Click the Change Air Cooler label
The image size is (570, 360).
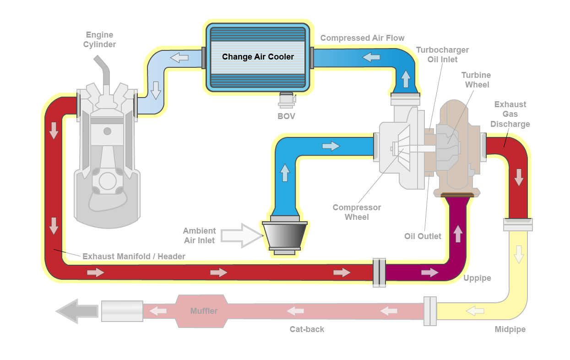258,57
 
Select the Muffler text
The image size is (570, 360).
204,311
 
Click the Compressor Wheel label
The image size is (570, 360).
357,212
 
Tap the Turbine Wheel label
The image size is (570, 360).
476,80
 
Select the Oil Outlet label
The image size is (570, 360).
423,236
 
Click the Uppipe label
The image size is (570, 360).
477,278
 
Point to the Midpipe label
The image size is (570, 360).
510,329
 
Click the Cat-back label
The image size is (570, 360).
307,329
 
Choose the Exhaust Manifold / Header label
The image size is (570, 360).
134,256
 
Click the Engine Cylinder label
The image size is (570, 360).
99,39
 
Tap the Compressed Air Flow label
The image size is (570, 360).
362,38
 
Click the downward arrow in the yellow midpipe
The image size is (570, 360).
518,254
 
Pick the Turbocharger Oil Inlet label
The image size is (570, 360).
442,55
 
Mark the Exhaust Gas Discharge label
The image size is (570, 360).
510,114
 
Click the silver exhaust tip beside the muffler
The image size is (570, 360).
122,311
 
